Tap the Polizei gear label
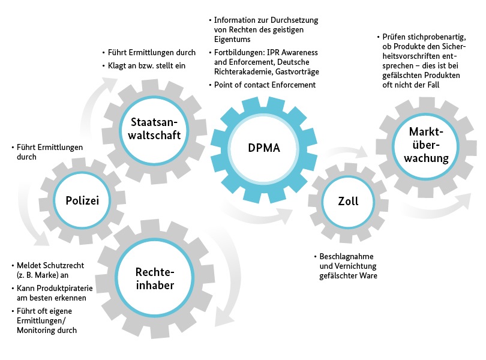coord(82,200)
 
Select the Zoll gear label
coord(348,201)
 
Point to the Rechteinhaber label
coord(155,278)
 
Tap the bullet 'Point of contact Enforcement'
coord(265,85)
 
